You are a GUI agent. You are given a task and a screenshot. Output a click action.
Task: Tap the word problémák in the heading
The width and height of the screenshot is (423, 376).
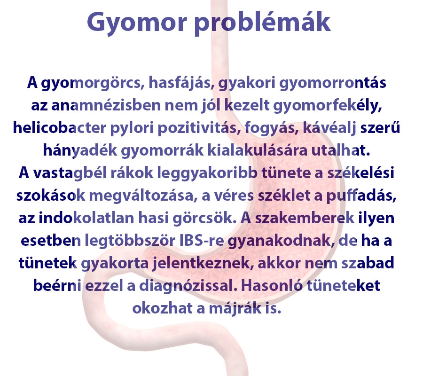pos(263,22)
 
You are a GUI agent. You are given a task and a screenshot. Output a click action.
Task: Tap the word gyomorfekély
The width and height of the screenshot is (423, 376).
pos(333,106)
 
